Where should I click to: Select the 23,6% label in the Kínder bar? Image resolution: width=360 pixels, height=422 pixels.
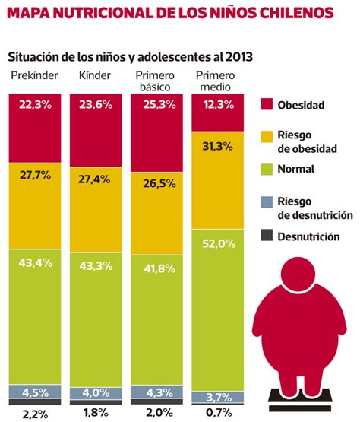(96, 106)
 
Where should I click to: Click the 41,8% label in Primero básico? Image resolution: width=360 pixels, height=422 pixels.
(157, 268)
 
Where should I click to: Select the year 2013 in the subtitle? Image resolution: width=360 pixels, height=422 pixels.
(238, 57)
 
